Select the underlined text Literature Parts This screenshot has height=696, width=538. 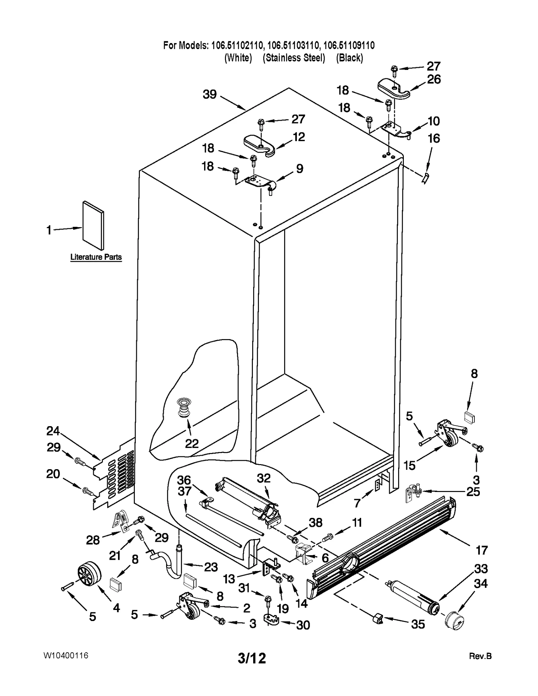[96, 257]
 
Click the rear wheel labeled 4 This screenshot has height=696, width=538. [89, 576]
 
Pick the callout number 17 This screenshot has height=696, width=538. [481, 550]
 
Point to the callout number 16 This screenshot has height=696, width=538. [433, 138]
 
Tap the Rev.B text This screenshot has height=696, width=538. [480, 656]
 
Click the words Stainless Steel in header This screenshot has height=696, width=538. [294, 58]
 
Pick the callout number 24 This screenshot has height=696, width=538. [53, 431]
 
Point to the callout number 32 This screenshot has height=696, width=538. [264, 478]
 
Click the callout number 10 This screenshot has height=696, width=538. [433, 121]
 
